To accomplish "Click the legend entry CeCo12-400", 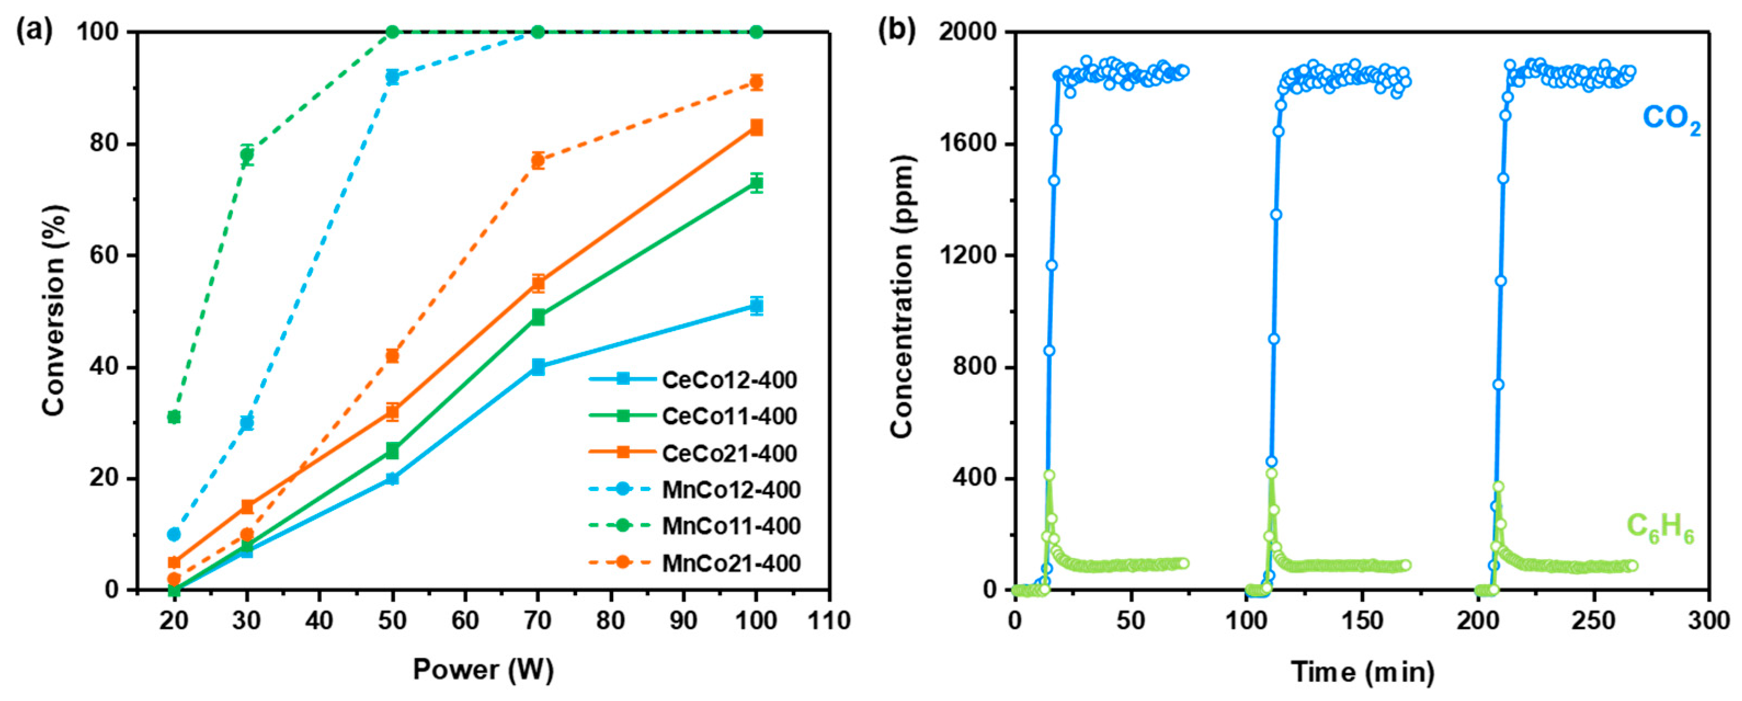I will coord(729,380).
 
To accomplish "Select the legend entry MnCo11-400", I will coord(731,526).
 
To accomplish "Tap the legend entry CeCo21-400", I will coord(729,453).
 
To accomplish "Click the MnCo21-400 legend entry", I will coord(731,563).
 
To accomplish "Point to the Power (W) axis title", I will coord(483,670).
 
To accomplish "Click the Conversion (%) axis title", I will coord(54,311).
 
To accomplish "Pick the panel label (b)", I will coord(896,31).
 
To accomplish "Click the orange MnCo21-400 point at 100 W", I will coord(756,83).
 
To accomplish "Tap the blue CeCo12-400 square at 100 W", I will coord(756,306).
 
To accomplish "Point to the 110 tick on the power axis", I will coord(829,620).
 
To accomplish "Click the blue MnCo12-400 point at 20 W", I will coord(174,534).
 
